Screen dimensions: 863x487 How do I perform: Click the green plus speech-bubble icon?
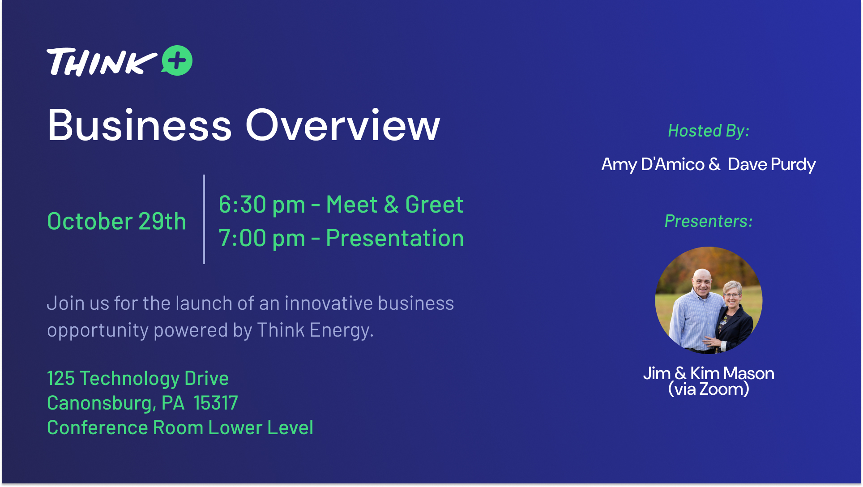click(177, 60)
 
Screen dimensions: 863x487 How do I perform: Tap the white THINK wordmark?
click(102, 62)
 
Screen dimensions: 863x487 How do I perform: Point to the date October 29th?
click(116, 221)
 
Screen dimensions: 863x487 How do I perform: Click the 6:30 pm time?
click(262, 205)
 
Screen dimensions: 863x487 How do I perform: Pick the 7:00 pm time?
click(262, 238)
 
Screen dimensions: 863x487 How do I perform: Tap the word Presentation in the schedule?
click(395, 238)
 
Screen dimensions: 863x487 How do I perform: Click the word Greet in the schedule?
click(434, 205)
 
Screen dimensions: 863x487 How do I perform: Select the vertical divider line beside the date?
click(204, 219)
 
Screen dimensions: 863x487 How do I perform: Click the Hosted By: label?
click(709, 131)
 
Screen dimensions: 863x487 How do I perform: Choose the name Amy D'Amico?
click(653, 164)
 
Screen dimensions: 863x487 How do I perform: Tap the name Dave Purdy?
click(772, 164)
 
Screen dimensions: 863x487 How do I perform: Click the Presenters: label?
click(709, 221)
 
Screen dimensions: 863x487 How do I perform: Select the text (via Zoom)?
click(709, 389)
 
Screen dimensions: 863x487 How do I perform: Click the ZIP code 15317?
click(216, 403)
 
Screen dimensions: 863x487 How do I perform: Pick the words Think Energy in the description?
click(315, 330)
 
